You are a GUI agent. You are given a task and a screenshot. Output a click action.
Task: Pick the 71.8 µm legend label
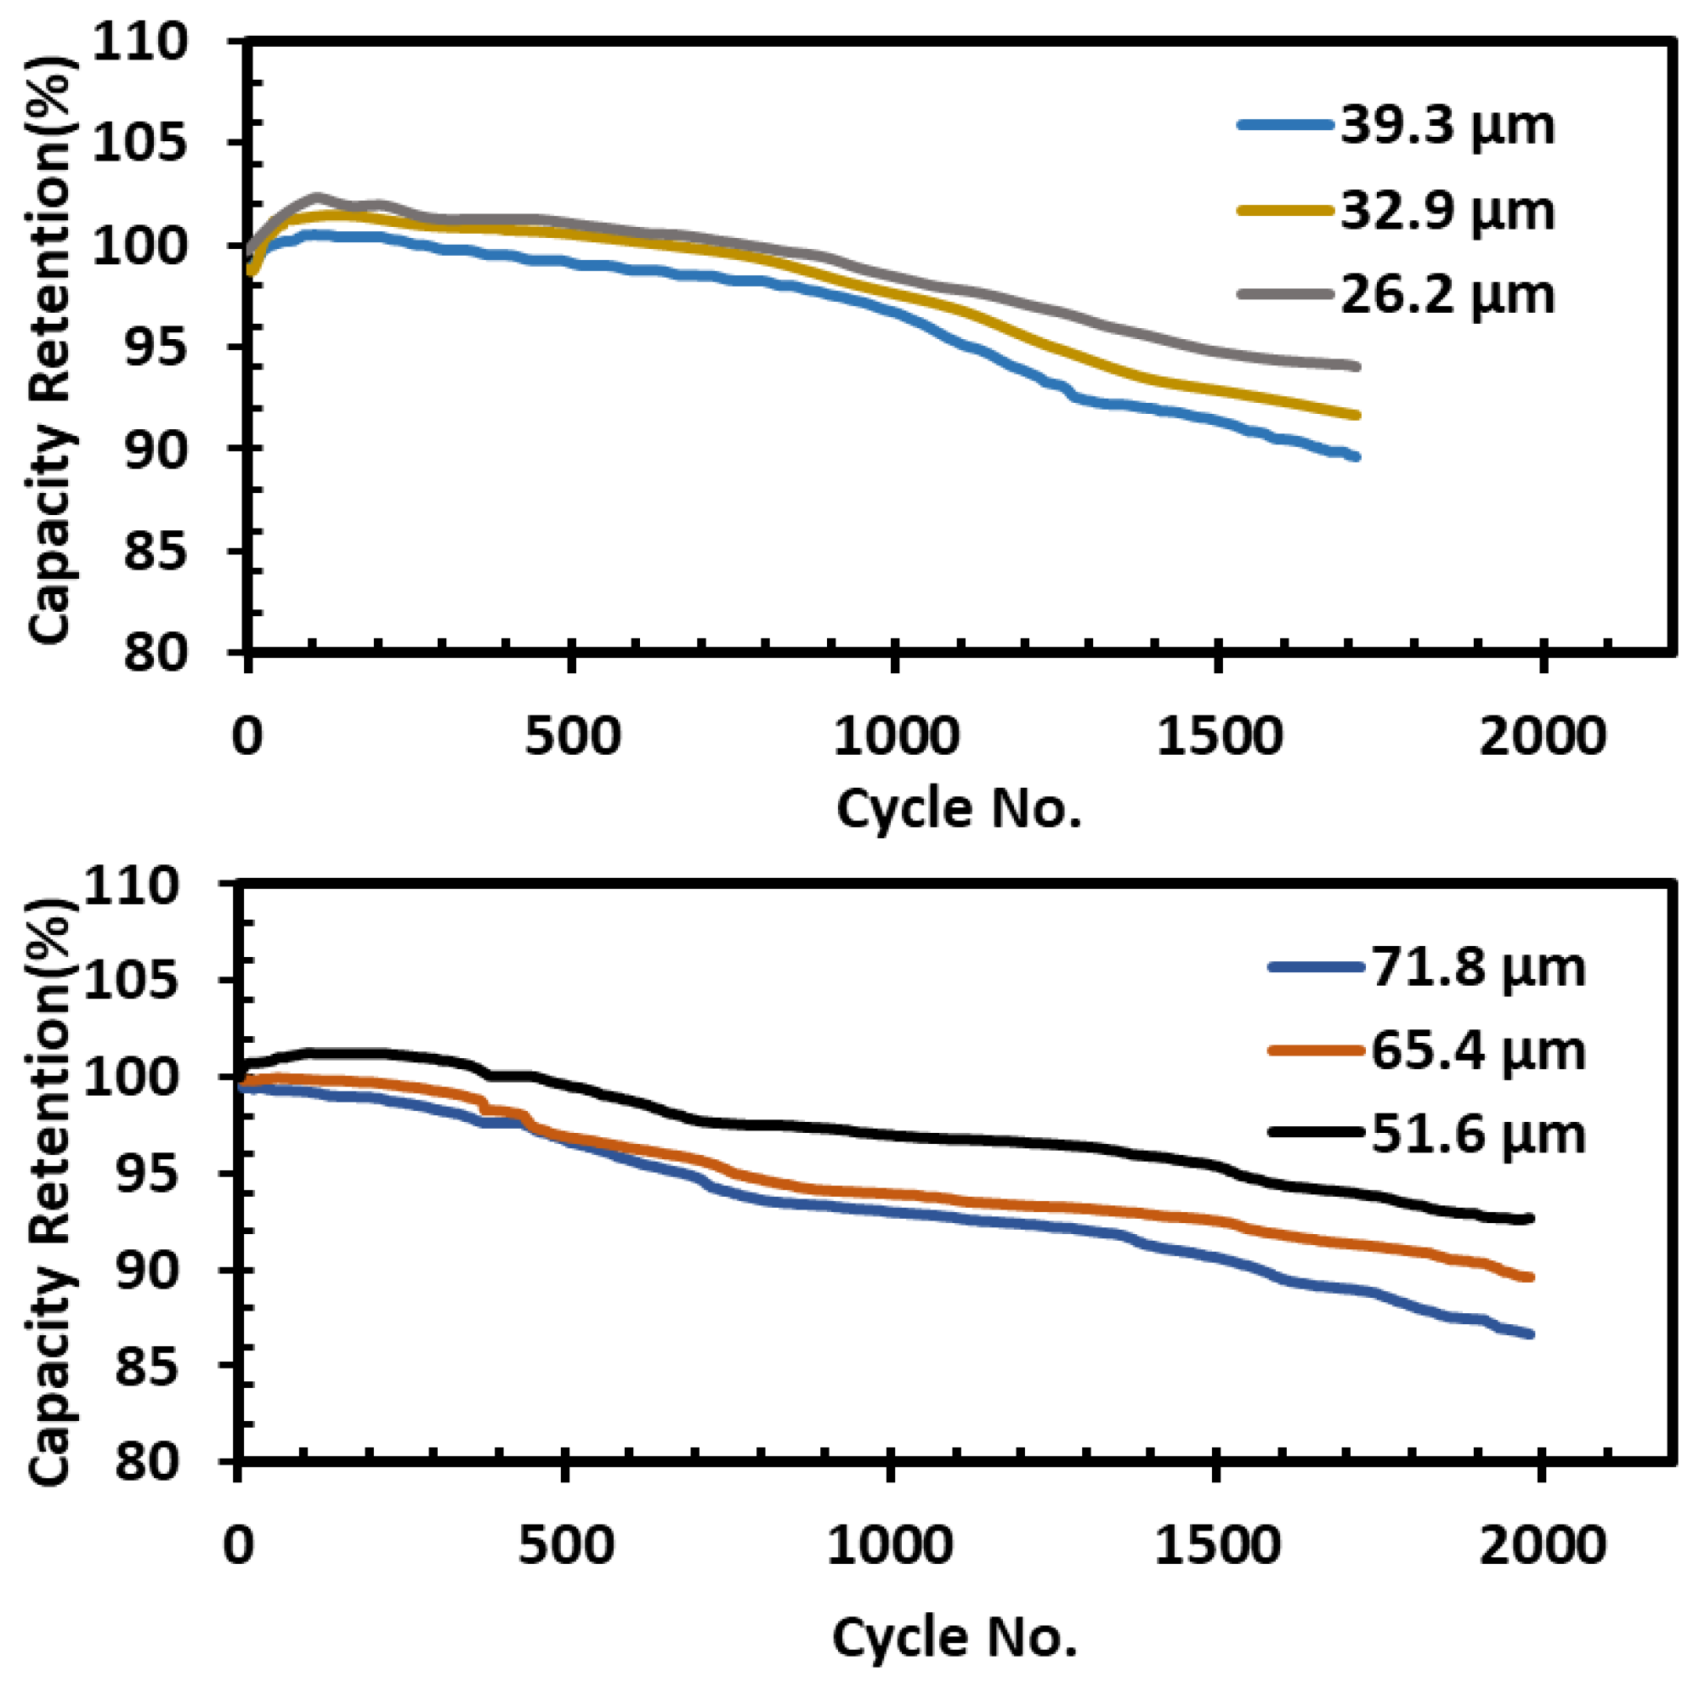pyautogui.click(x=1477, y=968)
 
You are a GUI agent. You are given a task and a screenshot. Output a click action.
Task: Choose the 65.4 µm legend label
pyautogui.click(x=1477, y=1051)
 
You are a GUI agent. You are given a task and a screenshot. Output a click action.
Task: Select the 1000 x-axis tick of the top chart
pyautogui.click(x=895, y=737)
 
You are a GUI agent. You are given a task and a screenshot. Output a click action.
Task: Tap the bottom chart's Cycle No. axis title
pyautogui.click(x=954, y=1637)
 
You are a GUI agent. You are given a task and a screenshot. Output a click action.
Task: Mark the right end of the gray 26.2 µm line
pyautogui.click(x=1356, y=366)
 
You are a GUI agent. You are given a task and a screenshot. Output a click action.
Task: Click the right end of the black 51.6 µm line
pyautogui.click(x=1530, y=1218)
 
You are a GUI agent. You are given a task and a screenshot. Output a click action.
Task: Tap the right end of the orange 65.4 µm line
pyautogui.click(x=1530, y=1277)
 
